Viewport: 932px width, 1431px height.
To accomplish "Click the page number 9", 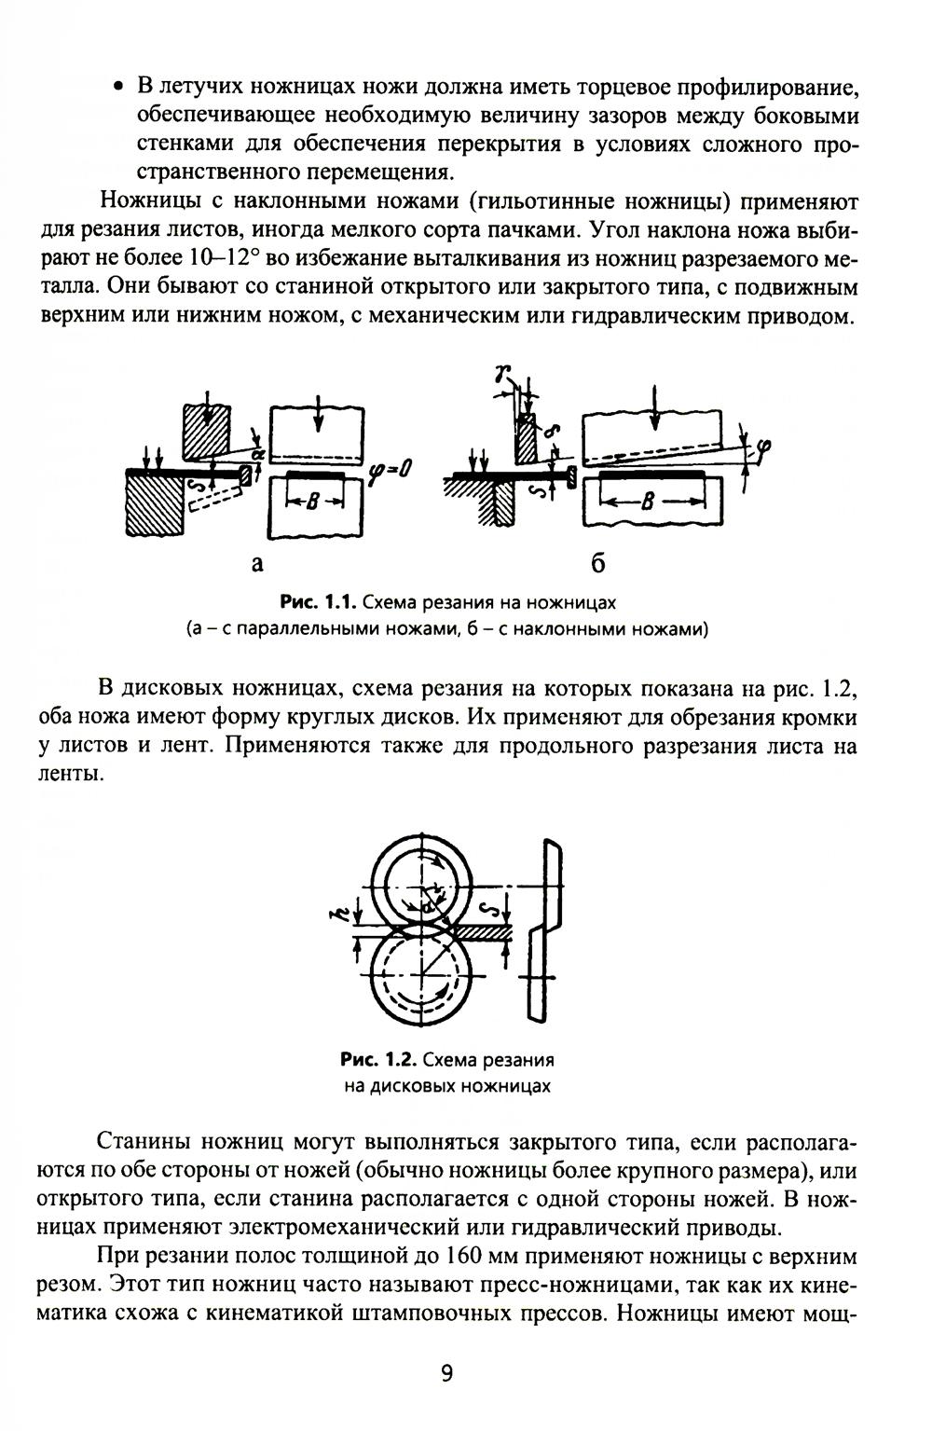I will tap(446, 1374).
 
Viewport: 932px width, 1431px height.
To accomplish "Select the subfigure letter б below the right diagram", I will tap(597, 562).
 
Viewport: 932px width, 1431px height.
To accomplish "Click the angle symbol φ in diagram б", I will tap(764, 450).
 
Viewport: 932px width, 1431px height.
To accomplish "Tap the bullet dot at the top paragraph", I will tap(118, 87).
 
